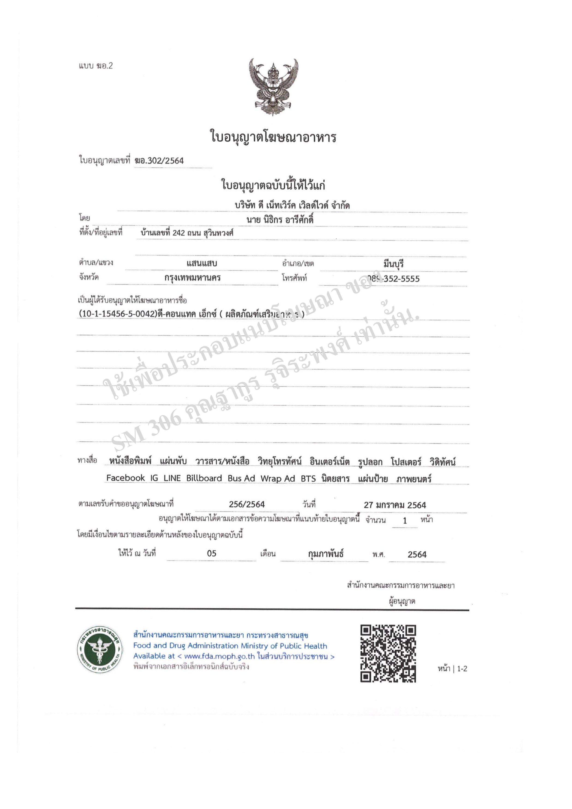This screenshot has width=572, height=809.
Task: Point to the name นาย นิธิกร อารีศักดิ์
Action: (x=280, y=220)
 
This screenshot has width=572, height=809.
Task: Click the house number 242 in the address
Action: (x=178, y=233)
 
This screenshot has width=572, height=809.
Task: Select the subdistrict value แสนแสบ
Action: (x=202, y=263)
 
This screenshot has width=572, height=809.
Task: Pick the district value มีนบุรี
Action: (x=393, y=264)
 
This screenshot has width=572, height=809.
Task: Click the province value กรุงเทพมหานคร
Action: (x=192, y=278)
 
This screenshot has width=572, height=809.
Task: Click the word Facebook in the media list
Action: (x=125, y=478)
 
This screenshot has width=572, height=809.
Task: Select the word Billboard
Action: (x=204, y=478)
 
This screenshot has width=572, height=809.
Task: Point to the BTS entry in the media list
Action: (x=308, y=479)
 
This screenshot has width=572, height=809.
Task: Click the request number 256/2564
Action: (x=247, y=504)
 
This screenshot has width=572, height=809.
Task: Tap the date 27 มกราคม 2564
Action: (x=395, y=505)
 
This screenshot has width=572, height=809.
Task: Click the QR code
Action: (x=388, y=653)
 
